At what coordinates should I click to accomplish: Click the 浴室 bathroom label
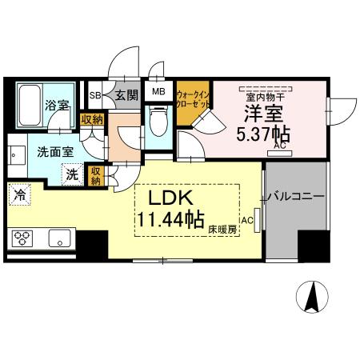tap(56, 105)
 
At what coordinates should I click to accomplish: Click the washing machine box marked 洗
tap(72, 174)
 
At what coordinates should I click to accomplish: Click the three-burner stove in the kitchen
tap(22, 238)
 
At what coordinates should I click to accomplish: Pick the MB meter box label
tap(158, 91)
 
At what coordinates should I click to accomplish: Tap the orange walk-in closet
tap(192, 104)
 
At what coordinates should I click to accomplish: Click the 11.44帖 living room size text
tap(169, 218)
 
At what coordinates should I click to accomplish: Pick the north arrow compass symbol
tap(312, 298)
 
